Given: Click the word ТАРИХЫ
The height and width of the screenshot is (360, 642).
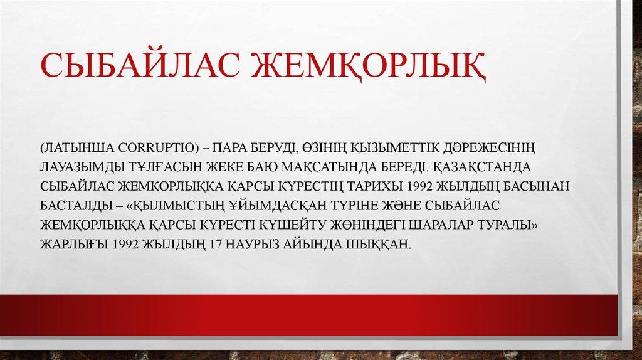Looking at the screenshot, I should (x=372, y=186).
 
